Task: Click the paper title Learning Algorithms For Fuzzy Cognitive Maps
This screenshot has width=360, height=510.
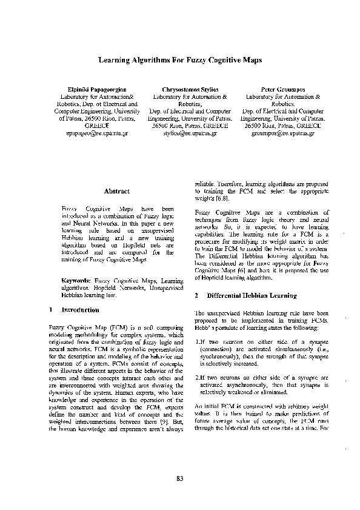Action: click(x=179, y=60)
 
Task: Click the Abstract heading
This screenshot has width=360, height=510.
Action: click(x=117, y=191)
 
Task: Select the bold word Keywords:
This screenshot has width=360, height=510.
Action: click(x=76, y=281)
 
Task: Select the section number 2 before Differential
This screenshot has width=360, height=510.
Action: click(x=198, y=296)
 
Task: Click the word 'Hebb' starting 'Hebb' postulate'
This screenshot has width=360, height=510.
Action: click(x=202, y=327)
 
